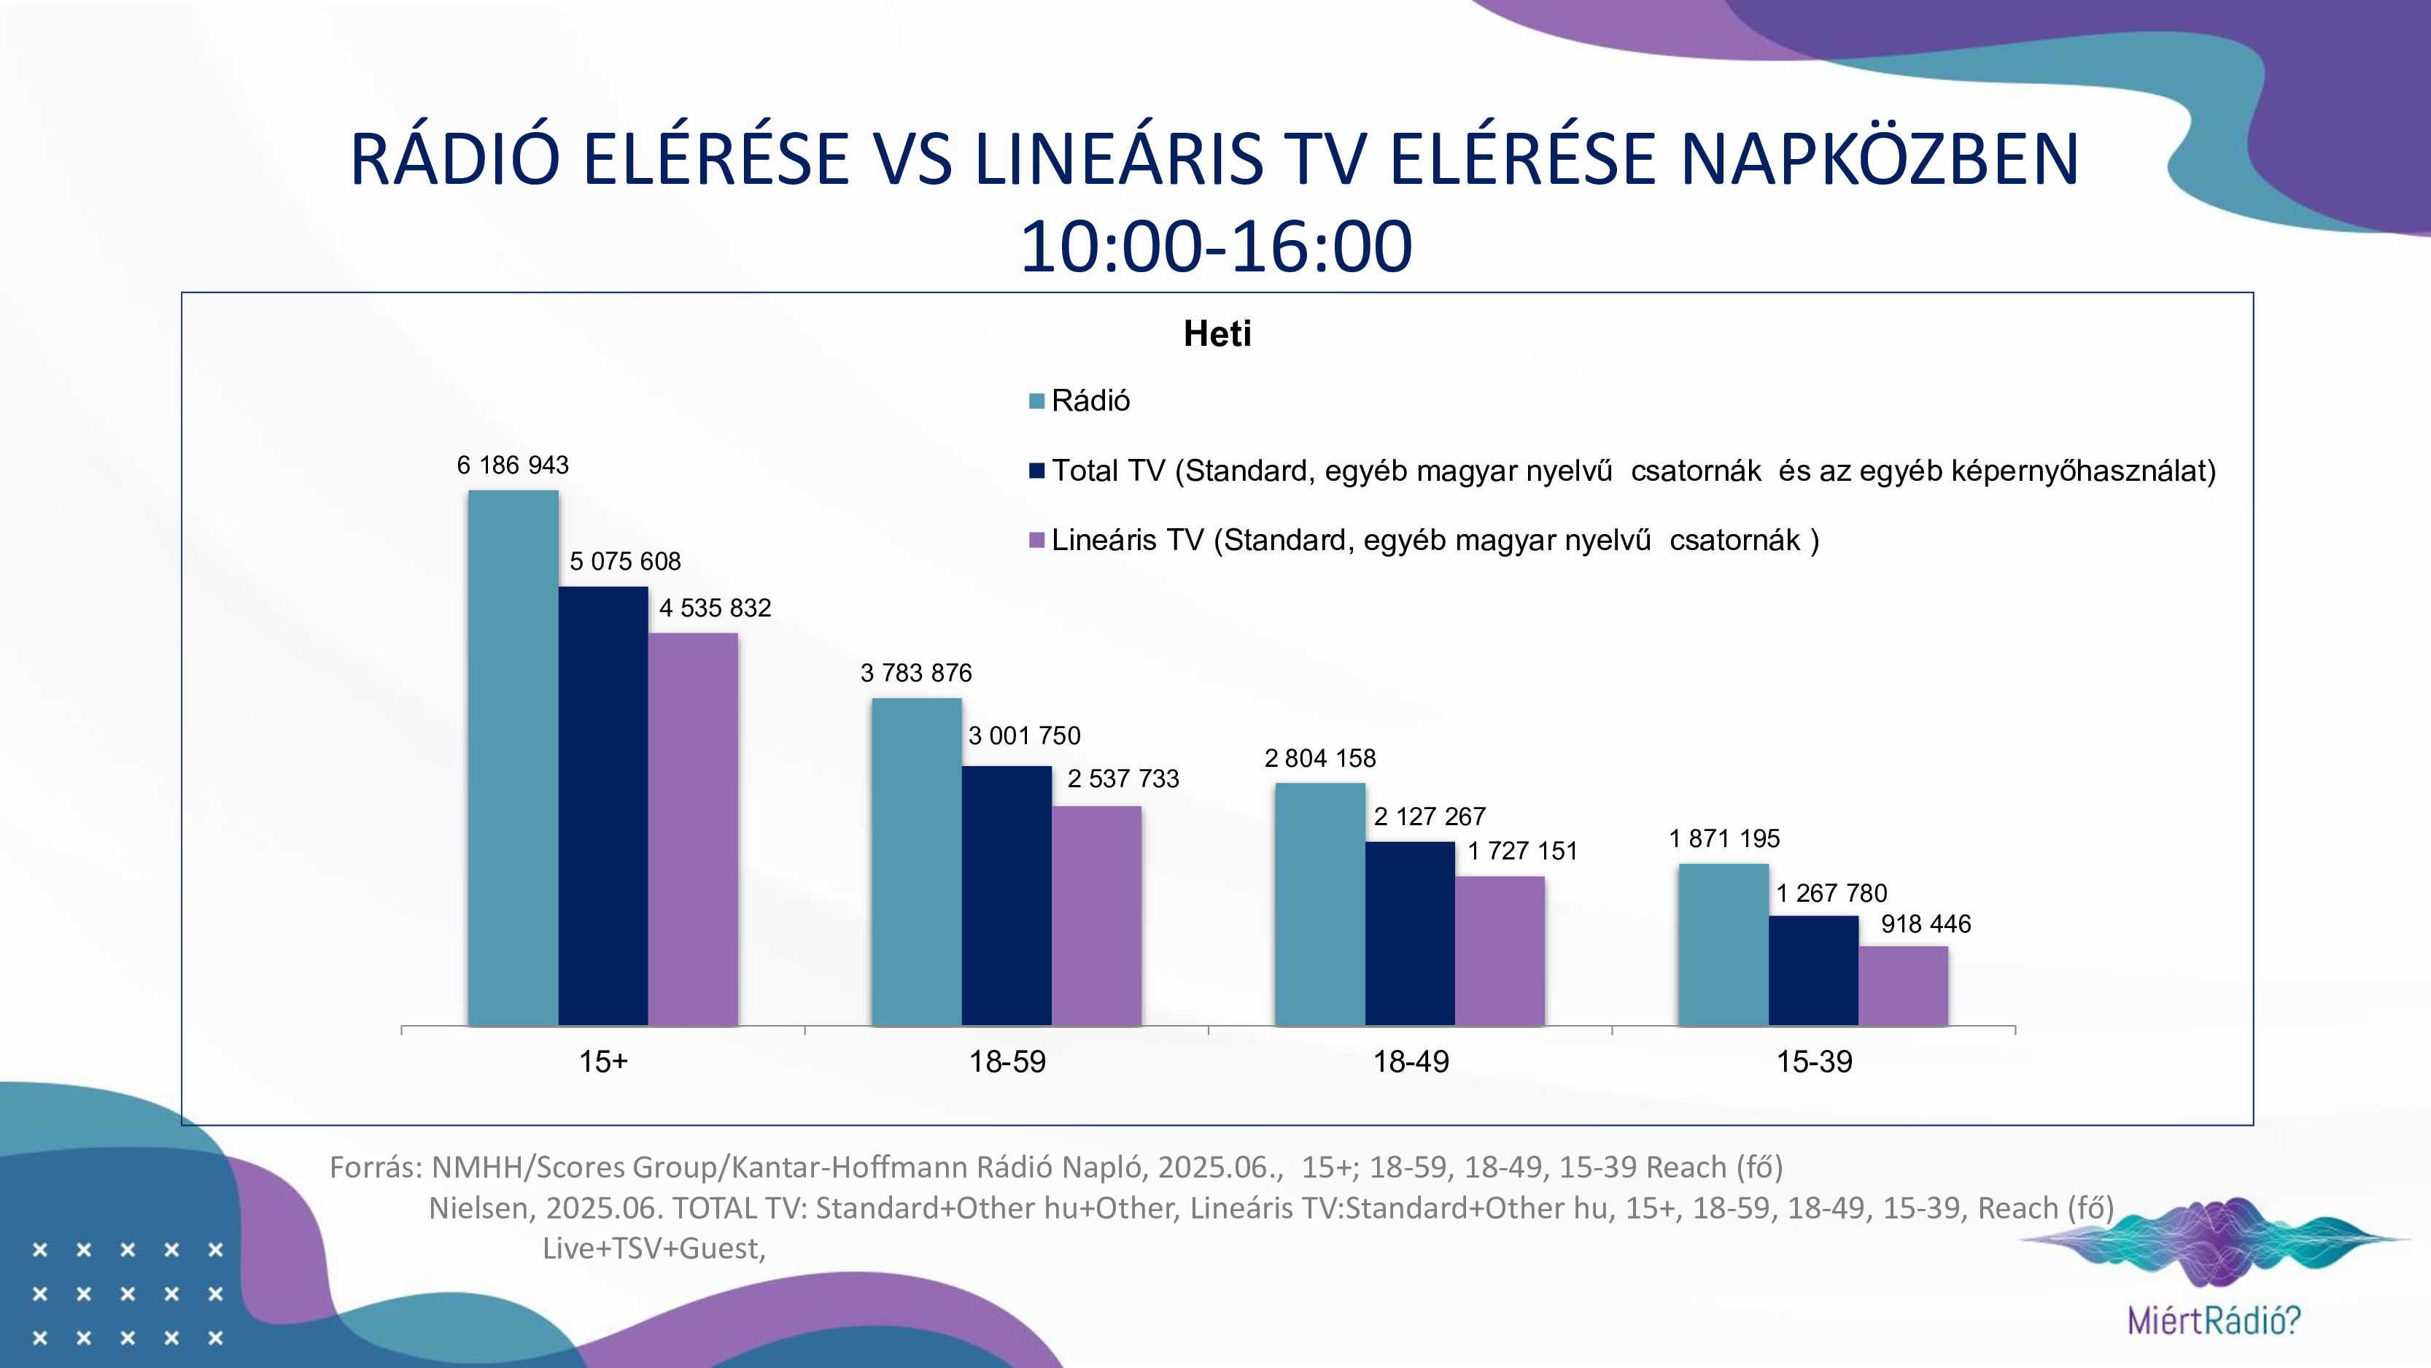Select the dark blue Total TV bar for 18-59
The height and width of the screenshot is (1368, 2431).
coord(1006,895)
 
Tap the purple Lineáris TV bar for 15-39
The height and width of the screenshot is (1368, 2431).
coord(1902,986)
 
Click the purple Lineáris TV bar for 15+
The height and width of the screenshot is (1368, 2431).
coord(693,829)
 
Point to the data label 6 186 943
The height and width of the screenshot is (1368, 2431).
coord(513,465)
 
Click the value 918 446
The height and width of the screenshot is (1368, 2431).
coord(1925,924)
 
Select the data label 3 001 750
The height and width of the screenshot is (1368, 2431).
coord(1024,736)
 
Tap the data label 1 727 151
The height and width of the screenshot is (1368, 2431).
coord(1522,851)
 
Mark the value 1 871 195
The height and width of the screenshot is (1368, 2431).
coord(1724,838)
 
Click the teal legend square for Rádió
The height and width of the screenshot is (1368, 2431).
coord(1036,401)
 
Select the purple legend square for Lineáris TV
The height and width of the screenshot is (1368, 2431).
coord(1036,540)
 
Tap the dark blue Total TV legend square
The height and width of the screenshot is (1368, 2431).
coord(1036,470)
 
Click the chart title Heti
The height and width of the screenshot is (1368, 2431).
coord(1217,334)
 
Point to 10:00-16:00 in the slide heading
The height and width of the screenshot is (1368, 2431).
coord(1215,247)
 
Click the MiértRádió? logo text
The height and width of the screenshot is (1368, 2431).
coord(2214,1320)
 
